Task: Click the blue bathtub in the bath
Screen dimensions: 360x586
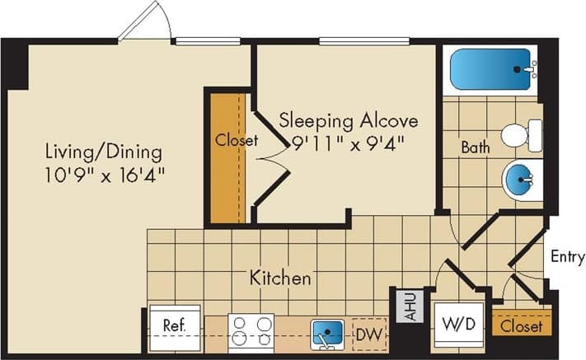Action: click(x=489, y=68)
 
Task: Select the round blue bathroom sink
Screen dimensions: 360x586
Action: click(x=520, y=177)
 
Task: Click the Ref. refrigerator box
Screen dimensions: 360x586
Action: click(x=174, y=325)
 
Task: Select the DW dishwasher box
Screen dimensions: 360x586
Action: click(x=368, y=334)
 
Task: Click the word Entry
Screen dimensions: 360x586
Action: click(x=568, y=257)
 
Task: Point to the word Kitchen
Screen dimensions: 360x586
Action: click(x=281, y=278)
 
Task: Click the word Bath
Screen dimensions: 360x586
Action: click(x=476, y=148)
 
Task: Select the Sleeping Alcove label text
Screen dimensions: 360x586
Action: click(x=348, y=120)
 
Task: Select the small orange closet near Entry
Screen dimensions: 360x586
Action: click(x=521, y=326)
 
